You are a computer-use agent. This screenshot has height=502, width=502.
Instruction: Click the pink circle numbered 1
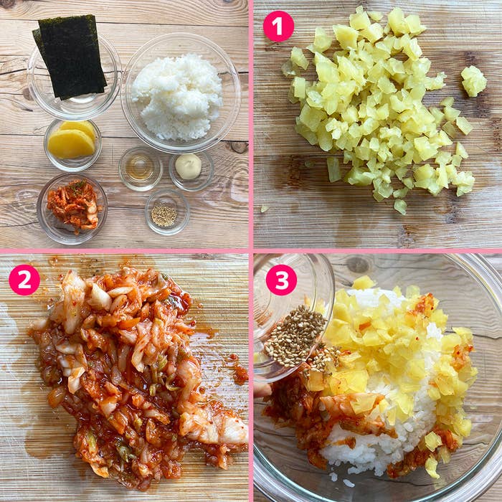278,27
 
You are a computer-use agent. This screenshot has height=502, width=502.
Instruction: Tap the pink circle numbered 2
24,280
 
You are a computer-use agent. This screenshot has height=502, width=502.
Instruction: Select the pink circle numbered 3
281,280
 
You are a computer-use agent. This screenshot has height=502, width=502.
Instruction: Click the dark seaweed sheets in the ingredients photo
71,56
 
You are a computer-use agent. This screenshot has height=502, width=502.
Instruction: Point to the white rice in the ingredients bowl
178,96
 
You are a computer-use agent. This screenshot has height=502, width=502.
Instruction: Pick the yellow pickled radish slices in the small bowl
72,140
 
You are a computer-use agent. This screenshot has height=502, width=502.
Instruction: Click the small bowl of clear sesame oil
141,169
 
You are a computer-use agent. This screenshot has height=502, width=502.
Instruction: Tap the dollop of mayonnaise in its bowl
188,166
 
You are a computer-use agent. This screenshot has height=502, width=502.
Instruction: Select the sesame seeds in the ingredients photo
164,215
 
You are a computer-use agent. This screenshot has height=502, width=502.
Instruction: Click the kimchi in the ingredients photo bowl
74,205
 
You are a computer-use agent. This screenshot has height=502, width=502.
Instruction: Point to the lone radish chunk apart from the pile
474,81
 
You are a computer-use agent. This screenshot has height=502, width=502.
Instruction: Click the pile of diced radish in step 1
378,105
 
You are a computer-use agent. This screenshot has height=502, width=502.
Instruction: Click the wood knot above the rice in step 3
357,265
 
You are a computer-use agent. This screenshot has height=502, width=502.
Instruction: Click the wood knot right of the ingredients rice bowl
239,147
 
